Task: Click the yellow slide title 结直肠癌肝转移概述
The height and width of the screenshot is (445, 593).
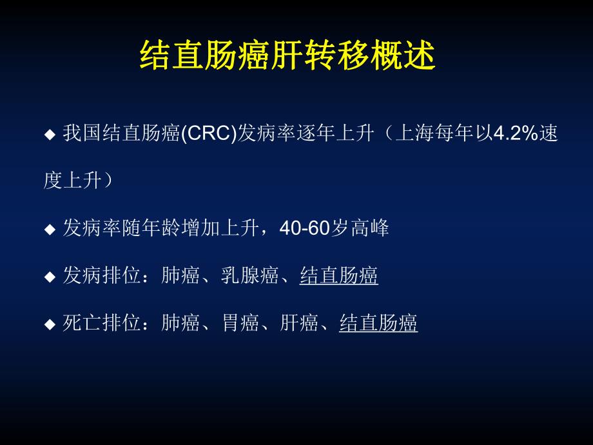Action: pos(287,57)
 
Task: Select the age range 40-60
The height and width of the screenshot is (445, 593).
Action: pos(305,228)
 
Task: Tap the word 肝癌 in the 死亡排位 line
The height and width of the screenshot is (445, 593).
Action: pos(300,323)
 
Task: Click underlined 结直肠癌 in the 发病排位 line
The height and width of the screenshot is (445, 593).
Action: pos(339,276)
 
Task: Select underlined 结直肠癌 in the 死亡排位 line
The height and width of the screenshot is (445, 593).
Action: pos(378,323)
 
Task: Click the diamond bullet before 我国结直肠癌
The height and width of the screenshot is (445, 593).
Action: pos(50,135)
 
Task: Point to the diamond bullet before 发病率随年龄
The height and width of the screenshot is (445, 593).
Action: pos(50,229)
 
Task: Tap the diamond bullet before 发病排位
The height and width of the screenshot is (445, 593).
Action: pos(50,277)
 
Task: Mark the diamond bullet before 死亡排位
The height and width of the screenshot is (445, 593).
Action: pos(50,324)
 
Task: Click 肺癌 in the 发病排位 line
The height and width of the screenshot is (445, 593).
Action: pos(181,276)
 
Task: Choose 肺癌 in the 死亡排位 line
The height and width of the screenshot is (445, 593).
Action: pos(181,323)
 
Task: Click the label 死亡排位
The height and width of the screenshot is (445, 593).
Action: pos(102,323)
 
